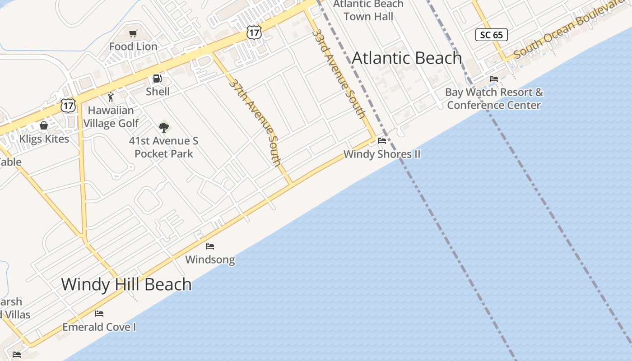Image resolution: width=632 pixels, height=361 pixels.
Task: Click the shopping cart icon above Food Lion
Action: click(x=133, y=34)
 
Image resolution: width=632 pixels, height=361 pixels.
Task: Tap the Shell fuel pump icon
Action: click(x=157, y=79)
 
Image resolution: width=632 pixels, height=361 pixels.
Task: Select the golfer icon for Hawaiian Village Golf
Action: click(x=111, y=97)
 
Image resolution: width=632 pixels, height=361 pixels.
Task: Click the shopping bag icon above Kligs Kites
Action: click(x=44, y=125)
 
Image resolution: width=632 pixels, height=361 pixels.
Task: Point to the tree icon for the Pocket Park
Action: click(x=164, y=127)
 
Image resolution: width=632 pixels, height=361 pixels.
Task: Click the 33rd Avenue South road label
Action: click(x=339, y=74)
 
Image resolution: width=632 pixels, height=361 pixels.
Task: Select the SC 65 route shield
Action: click(x=492, y=35)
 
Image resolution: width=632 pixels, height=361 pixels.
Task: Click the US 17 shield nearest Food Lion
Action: click(x=254, y=32)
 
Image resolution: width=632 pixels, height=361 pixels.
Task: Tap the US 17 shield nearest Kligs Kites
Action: click(x=68, y=106)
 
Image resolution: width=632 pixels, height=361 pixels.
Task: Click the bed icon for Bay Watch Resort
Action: click(x=494, y=79)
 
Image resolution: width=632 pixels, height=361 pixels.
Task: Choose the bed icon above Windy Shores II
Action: click(x=382, y=141)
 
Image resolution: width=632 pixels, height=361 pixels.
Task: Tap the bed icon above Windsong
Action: click(x=210, y=246)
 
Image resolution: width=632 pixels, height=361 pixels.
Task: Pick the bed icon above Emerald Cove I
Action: click(x=99, y=314)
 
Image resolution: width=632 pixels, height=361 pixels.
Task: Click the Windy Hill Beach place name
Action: click(x=126, y=284)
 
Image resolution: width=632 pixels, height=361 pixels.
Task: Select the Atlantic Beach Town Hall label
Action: click(x=368, y=10)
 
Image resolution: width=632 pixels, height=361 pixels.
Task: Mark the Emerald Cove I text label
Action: click(x=99, y=327)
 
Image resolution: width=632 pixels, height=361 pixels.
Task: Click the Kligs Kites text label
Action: click(x=44, y=139)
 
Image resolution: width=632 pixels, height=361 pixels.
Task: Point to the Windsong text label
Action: click(x=210, y=259)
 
